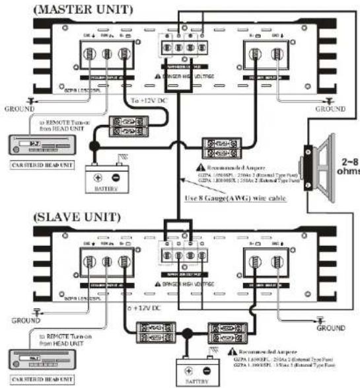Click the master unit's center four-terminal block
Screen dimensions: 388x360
click(186, 49)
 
